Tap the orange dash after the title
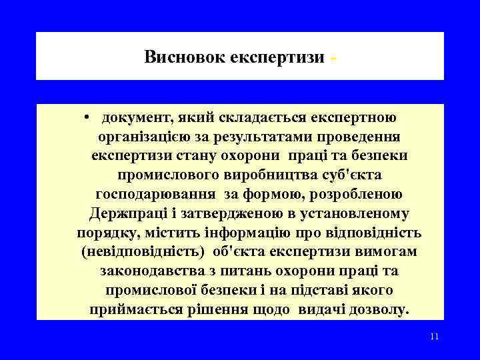(333, 59)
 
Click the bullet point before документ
(87, 118)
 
